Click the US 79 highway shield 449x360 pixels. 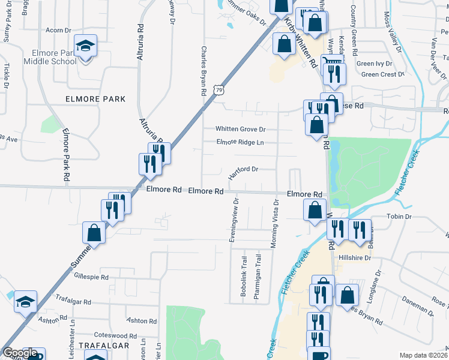220,89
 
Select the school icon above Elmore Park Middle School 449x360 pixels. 85,46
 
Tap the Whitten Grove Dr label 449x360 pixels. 241,130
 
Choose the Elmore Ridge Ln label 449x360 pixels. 240,142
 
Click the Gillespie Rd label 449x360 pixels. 91,278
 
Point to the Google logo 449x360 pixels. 20,353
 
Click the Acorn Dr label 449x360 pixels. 59,30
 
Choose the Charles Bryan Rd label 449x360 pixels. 204,71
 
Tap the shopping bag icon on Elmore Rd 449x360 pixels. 315,211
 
